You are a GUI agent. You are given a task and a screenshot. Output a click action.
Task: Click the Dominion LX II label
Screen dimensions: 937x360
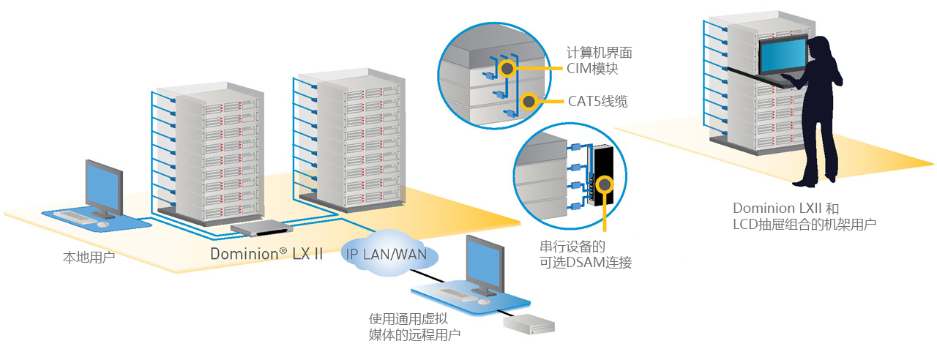tap(266, 254)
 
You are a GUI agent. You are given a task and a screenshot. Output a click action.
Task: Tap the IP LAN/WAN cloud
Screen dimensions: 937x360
tap(389, 253)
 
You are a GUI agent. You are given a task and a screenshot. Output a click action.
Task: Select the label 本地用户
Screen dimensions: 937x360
tap(89, 258)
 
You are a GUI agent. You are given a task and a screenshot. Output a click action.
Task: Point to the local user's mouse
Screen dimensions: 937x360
tap(102, 225)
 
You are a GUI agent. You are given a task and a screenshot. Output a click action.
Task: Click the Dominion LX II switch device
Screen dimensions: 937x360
tap(261, 228)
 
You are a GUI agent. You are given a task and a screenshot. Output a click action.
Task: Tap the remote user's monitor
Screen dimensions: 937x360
tap(485, 263)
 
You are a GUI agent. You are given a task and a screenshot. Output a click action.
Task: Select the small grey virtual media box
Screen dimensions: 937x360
tap(529, 324)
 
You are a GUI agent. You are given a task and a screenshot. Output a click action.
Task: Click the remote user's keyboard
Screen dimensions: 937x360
tap(455, 294)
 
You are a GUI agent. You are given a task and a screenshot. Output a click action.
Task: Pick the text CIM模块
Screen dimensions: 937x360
tap(592, 69)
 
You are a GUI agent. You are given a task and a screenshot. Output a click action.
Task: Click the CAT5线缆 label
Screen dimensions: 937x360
tap(597, 102)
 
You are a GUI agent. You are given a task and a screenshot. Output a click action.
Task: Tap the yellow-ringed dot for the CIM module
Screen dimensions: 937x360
tap(507, 68)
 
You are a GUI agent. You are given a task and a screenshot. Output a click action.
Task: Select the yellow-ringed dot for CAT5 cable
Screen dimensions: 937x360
tap(529, 101)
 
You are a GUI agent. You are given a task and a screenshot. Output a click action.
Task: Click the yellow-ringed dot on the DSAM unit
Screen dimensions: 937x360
tap(605, 184)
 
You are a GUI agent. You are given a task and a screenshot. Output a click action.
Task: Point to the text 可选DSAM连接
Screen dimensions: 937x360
tap(586, 263)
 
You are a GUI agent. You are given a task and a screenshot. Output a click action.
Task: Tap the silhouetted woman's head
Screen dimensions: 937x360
tap(818, 48)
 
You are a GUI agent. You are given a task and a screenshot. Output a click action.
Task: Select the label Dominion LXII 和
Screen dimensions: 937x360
tap(786, 209)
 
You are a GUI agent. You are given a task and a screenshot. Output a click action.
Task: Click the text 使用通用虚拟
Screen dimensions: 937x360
tap(408, 319)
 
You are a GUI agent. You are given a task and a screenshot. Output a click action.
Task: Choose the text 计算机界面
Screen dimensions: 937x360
tap(599, 53)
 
